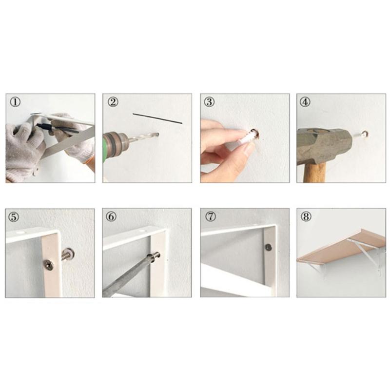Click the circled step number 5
[x=16, y=217]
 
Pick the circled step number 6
[x=112, y=217]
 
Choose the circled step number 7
[x=210, y=217]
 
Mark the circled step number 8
[x=306, y=217]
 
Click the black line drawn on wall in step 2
[x=157, y=118]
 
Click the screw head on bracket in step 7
[x=268, y=247]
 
